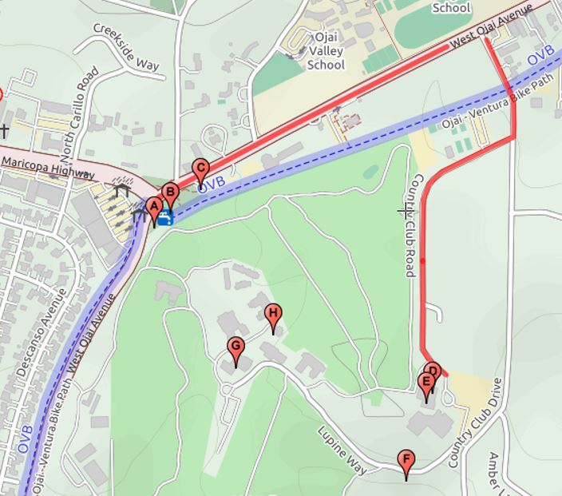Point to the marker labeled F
tap(406, 461)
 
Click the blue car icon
tap(164, 217)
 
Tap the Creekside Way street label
tap(126, 46)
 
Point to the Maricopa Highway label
tap(48, 166)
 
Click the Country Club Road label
tap(411, 225)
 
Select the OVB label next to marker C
tap(212, 185)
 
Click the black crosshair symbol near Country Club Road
tap(405, 210)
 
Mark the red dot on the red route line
tap(422, 260)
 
